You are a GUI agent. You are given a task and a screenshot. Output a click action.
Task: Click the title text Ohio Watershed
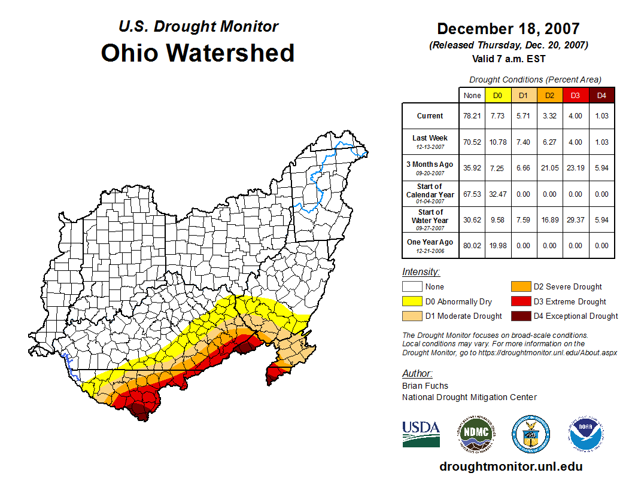(197, 53)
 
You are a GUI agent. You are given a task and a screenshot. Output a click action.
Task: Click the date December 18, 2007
(508, 29)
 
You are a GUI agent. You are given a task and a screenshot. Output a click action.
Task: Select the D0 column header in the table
(497, 96)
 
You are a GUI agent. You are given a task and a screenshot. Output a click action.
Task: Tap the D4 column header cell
(601, 96)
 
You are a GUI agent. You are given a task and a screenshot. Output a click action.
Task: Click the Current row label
(430, 116)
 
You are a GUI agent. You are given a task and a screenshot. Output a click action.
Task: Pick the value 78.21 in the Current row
(472, 116)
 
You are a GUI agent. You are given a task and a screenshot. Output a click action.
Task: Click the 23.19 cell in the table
(575, 168)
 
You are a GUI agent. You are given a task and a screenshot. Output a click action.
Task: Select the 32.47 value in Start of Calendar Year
(497, 194)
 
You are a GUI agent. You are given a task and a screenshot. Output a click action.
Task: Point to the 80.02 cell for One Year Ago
(472, 245)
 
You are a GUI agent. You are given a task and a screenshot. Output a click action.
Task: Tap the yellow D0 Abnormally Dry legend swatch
(412, 301)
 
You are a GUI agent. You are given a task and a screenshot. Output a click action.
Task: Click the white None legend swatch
(412, 287)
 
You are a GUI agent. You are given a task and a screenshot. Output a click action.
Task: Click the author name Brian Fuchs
(425, 386)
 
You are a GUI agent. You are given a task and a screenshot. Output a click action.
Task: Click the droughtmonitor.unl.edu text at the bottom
(511, 466)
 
